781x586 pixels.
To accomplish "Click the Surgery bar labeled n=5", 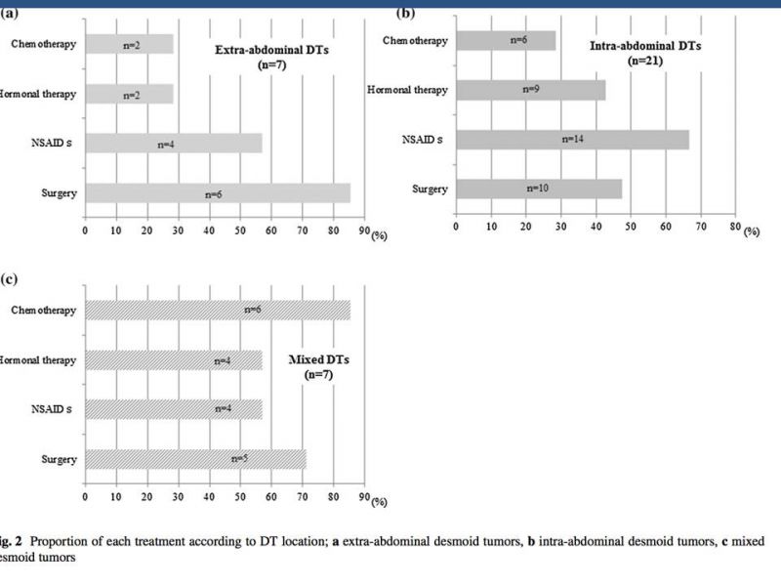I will click(x=195, y=458).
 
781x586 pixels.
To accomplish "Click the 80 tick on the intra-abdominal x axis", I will click(x=735, y=227).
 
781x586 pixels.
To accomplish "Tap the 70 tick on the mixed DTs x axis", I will click(x=303, y=495).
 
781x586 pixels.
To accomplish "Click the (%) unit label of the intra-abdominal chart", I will click(x=753, y=232).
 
